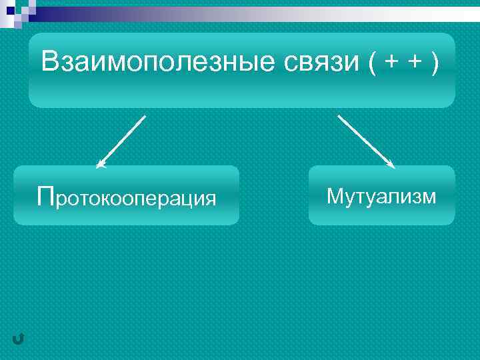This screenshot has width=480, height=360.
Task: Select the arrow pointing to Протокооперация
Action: [x=121, y=141]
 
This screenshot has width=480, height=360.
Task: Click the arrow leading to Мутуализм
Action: [x=366, y=141]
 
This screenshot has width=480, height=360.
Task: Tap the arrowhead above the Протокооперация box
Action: [x=100, y=164]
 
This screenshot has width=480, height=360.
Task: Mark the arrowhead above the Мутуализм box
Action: [x=391, y=164]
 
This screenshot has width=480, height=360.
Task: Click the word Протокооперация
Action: [x=127, y=197]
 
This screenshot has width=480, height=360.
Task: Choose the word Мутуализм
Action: [x=381, y=197]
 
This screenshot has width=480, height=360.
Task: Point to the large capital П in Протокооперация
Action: [x=47, y=196]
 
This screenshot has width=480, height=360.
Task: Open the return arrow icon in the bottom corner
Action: [x=18, y=340]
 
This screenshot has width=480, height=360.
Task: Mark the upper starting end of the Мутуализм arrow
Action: [x=339, y=116]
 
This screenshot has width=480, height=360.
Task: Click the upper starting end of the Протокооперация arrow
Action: [x=144, y=117]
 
